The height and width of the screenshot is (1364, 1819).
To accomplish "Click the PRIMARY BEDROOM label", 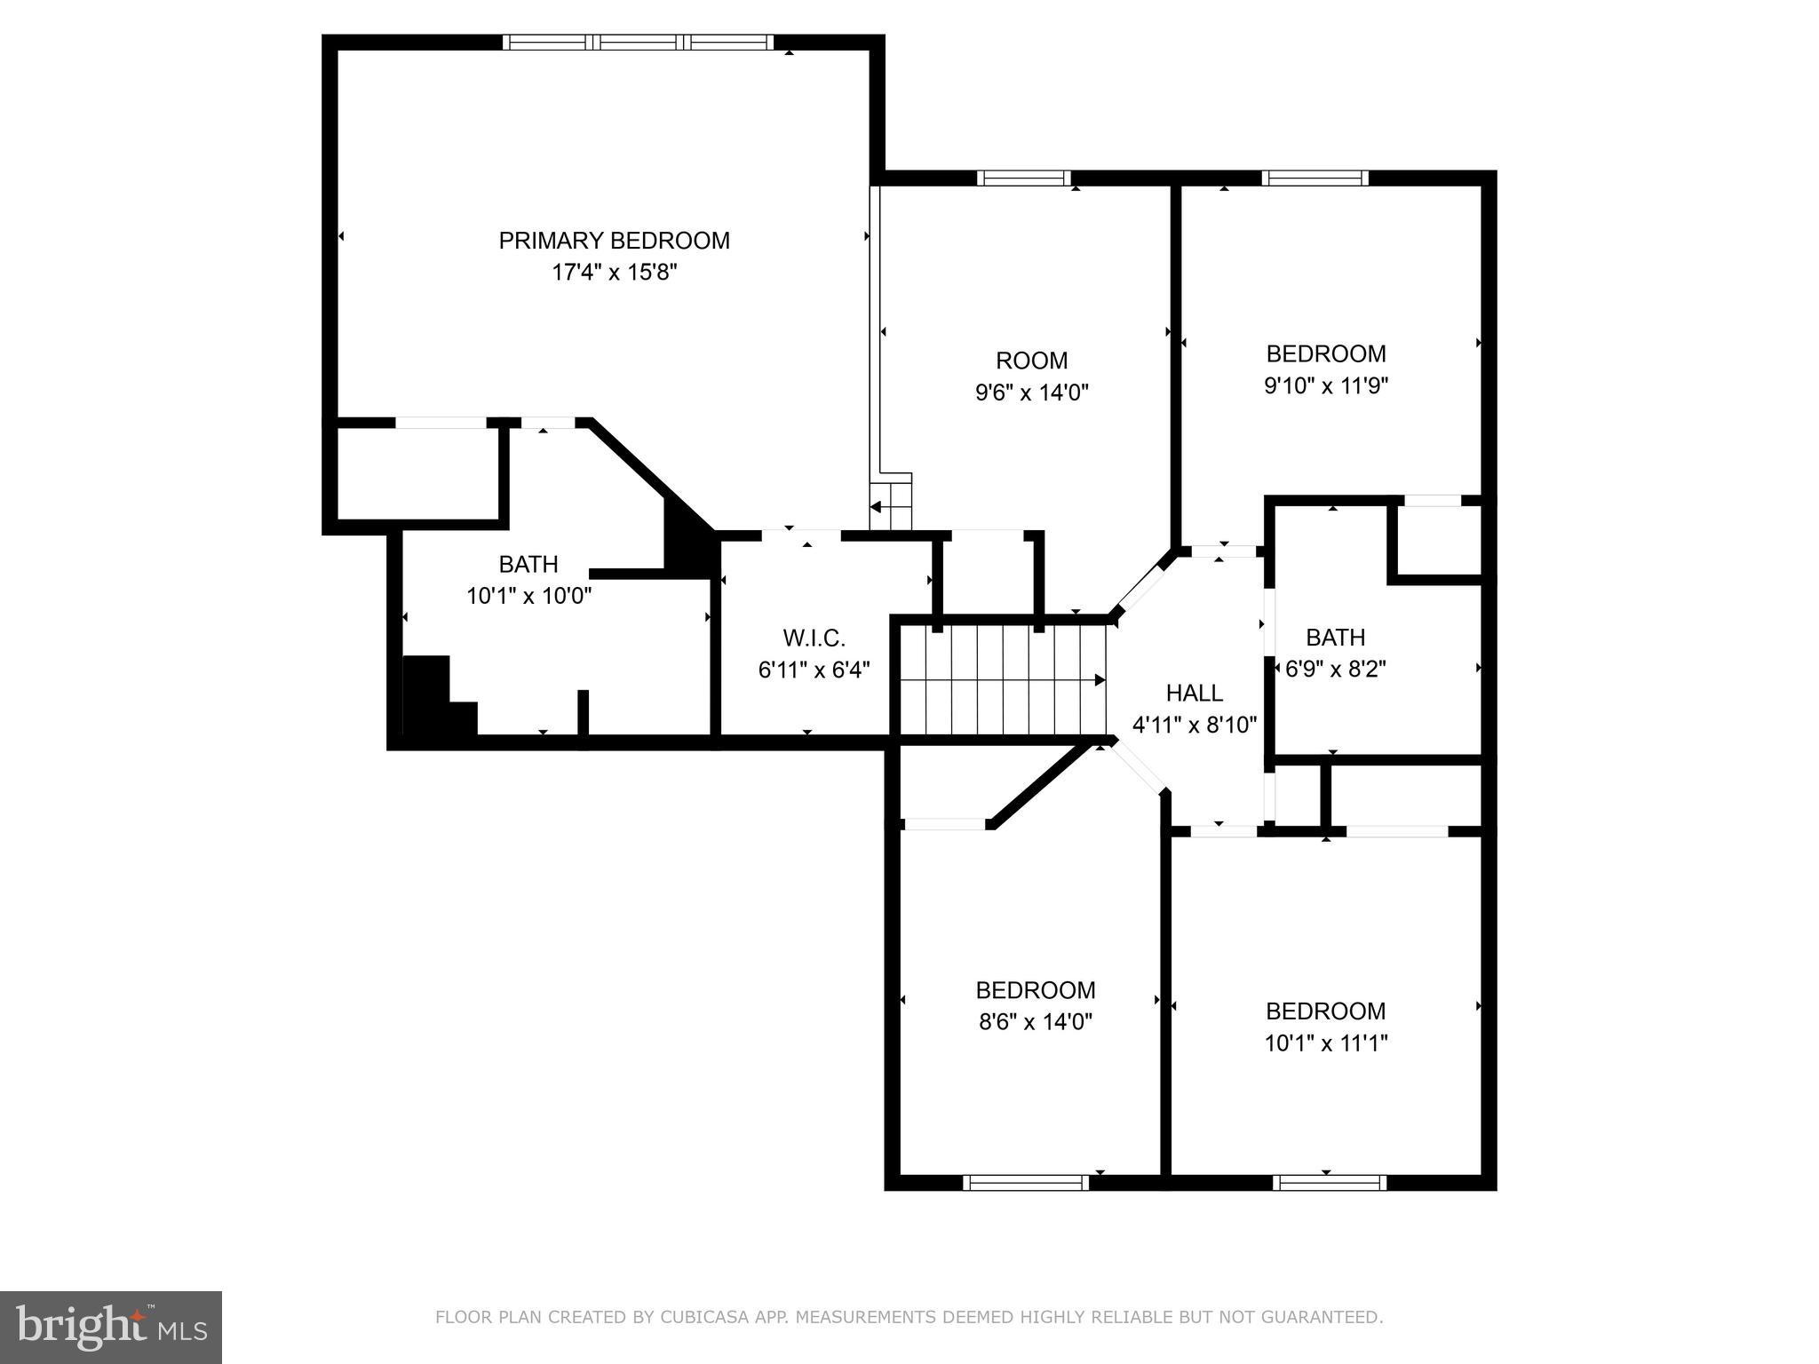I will pos(614,241).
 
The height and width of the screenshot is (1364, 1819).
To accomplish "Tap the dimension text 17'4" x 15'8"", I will pos(615,272).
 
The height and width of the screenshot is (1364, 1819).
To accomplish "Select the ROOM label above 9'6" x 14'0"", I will pos(1031,361).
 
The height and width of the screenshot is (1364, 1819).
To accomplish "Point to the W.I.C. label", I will pos(814,638).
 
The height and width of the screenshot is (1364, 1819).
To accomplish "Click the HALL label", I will pos(1194,693).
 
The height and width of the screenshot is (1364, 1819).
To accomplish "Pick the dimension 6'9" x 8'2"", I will pos(1335,668).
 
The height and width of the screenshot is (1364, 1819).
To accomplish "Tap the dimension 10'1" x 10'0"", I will pos(529,595).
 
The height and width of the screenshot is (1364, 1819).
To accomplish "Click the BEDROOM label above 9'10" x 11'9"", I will pos(1325,353).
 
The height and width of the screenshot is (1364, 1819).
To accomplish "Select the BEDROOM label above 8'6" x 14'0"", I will pos(1035,990).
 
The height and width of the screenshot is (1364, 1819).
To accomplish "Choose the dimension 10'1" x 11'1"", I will pos(1325,1043).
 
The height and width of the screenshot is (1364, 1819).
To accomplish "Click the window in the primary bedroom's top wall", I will pos(638,42).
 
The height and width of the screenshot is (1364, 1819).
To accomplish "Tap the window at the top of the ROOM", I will pos(1024,178).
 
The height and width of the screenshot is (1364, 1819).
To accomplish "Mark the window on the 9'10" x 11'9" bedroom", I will pos(1315,178).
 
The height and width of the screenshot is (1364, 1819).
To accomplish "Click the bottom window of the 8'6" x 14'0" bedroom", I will pos(1026,1182).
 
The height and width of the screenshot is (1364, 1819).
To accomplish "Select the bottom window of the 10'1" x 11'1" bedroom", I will pos(1329,1182).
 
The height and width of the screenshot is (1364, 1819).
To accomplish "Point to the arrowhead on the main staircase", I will pos(1100,680).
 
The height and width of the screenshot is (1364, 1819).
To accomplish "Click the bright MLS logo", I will pos(111,1327).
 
